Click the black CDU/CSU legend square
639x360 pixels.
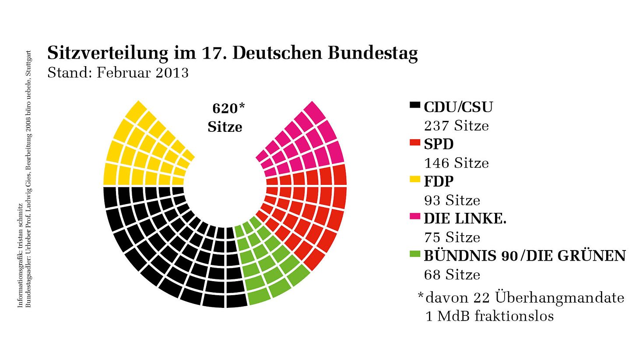tap(415, 105)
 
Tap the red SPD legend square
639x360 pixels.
tap(415, 142)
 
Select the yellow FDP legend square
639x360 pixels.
tap(415, 179)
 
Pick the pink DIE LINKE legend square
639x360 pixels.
tap(415, 216)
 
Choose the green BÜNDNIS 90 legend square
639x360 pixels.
tap(415, 254)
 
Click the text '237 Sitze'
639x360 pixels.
tap(456, 126)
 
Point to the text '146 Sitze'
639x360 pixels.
tap(456, 163)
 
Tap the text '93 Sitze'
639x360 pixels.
tap(452, 201)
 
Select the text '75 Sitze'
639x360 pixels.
tap(452, 238)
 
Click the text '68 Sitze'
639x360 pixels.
tap(452, 275)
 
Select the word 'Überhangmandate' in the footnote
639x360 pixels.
tap(560, 298)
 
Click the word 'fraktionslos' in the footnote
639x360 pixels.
tap(514, 316)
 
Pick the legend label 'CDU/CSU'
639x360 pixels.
tap(458, 107)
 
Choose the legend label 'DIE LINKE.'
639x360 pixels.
tap(465, 218)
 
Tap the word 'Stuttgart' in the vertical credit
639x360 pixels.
tap(29, 64)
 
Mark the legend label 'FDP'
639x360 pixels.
tap(439, 181)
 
